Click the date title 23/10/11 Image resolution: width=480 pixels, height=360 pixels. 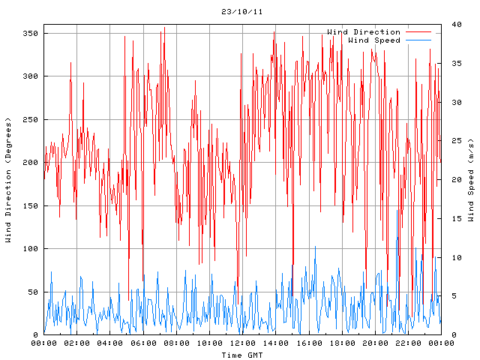pyautogui.click(x=242, y=12)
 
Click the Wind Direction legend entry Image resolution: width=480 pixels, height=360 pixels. pyautogui.click(x=364, y=32)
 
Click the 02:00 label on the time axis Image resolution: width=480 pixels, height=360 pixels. pyautogui.click(x=77, y=343)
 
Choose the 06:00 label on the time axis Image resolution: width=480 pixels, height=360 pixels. pyautogui.click(x=143, y=343)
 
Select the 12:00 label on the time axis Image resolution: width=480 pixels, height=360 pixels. pyautogui.click(x=242, y=343)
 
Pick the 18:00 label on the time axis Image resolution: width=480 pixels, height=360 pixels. pyautogui.click(x=342, y=343)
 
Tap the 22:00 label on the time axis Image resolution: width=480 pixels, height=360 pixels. pyautogui.click(x=408, y=343)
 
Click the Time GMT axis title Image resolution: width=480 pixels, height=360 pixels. pyautogui.click(x=242, y=354)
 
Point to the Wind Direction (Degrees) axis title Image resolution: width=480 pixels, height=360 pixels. pyautogui.click(x=8, y=180)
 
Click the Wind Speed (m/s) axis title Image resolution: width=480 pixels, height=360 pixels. pyautogui.click(x=471, y=180)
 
